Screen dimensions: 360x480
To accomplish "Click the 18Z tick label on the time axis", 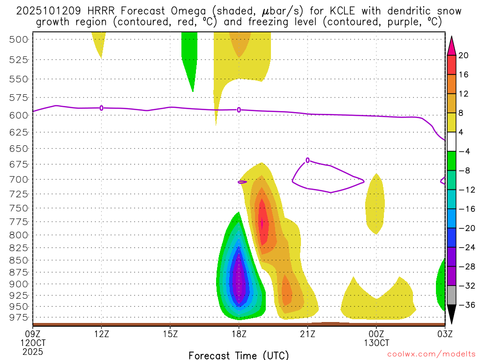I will [x=239, y=334].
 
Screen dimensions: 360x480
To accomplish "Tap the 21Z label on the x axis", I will [x=307, y=334].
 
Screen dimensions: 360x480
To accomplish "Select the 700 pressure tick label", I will [x=19, y=179].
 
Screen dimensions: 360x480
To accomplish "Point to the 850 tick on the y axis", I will [x=19, y=260].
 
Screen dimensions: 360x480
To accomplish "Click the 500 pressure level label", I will [x=19, y=39].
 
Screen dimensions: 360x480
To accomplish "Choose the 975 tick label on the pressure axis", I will [x=19, y=317].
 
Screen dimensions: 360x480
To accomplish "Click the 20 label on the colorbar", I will [x=464, y=55].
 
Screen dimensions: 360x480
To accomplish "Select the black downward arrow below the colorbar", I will [x=451, y=315].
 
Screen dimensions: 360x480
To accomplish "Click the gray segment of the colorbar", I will [x=451, y=295].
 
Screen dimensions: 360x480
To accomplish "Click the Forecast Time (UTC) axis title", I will [x=239, y=355].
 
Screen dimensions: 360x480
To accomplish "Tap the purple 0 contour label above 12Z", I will [x=102, y=108].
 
